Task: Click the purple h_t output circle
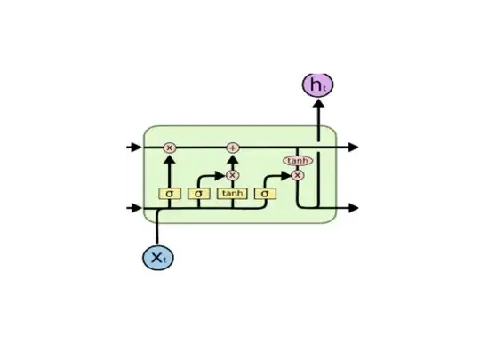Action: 317,84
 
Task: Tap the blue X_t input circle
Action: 157,257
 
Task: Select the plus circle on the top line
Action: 233,148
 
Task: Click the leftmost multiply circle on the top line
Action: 169,148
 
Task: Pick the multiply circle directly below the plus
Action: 233,175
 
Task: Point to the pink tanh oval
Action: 296,161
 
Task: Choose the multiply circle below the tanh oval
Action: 297,175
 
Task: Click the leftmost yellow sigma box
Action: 169,193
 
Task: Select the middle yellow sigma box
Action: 198,193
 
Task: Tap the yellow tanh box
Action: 232,193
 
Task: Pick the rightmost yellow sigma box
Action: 265,193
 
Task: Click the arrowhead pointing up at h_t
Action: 317,103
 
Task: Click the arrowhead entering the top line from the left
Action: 136,147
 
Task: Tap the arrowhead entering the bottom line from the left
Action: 136,209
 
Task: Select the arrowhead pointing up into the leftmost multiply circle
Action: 169,158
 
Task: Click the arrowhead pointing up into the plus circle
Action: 233,158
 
